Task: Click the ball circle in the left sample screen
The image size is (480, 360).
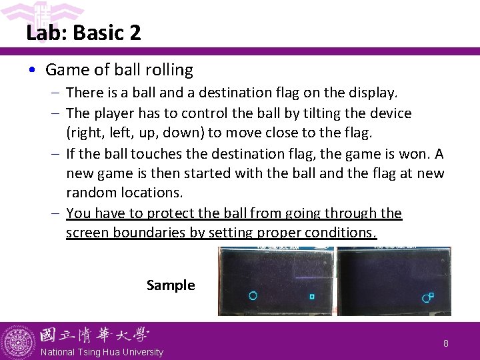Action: point(253,296)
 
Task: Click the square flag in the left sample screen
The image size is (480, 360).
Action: point(311,297)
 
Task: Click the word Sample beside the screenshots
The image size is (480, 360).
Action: point(171,285)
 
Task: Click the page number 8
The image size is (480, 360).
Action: point(446,344)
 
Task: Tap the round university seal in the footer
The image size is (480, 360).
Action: point(18,342)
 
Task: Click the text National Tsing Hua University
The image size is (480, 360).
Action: point(101,352)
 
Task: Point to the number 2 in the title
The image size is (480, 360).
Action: point(135,33)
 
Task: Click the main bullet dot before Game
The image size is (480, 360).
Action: point(34,70)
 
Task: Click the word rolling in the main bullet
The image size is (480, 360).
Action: point(170,70)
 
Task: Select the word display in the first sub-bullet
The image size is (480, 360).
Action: point(373,93)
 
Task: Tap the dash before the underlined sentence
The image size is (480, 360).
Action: point(56,213)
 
